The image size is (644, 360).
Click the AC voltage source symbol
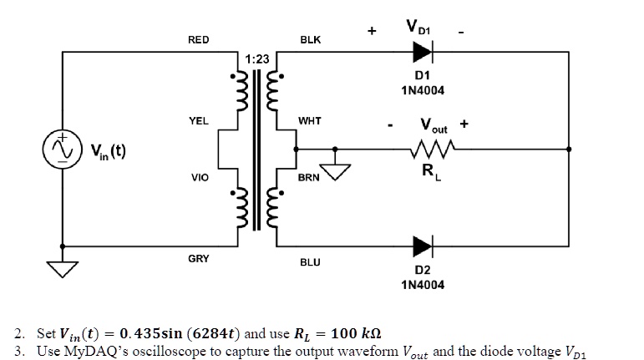pyautogui.click(x=63, y=150)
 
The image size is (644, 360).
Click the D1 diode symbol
pyautogui.click(x=423, y=52)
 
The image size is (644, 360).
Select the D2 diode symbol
pyautogui.click(x=423, y=246)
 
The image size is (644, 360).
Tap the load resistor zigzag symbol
pyautogui.click(x=433, y=150)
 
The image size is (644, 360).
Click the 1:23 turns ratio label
pyautogui.click(x=257, y=59)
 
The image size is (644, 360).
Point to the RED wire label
pyautogui.click(x=198, y=40)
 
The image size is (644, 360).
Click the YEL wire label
pyautogui.click(x=199, y=121)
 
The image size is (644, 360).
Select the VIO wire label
pyautogui.click(x=200, y=177)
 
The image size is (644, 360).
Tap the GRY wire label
pyautogui.click(x=198, y=259)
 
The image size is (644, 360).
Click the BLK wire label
pyautogui.click(x=311, y=40)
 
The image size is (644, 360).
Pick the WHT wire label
pyautogui.click(x=310, y=121)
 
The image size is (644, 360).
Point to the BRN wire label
pyautogui.click(x=309, y=177)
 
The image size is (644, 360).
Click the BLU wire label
pyautogui.click(x=310, y=262)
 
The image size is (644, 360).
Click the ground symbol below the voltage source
pyautogui.click(x=63, y=269)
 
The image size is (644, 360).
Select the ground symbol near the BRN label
pyautogui.click(x=335, y=172)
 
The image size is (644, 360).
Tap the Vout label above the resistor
pyautogui.click(x=434, y=125)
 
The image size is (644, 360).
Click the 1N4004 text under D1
pyautogui.click(x=423, y=90)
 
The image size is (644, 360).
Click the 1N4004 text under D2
pyautogui.click(x=423, y=285)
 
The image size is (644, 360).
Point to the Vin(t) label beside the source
pyautogui.click(x=109, y=151)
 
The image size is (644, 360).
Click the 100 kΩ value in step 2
pyautogui.click(x=356, y=333)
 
